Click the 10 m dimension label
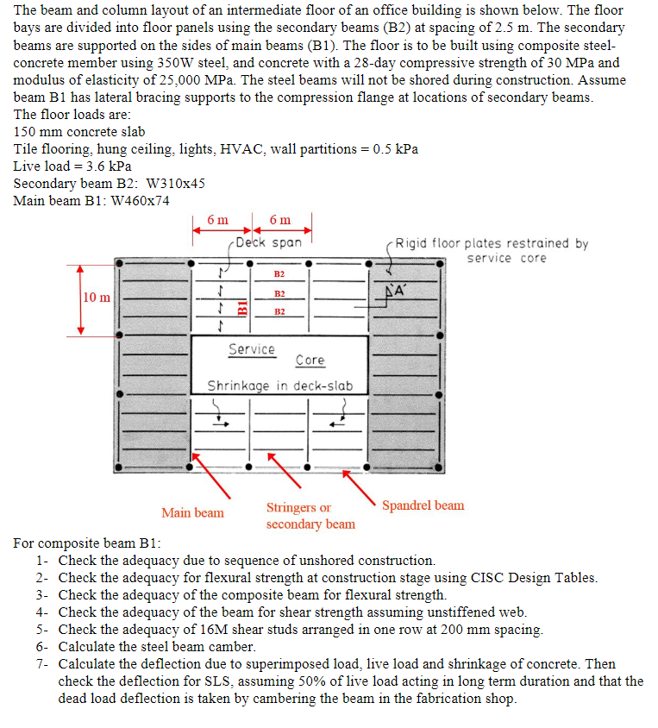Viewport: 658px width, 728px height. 97,298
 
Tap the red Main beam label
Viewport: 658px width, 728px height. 192,512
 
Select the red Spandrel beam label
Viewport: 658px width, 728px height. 423,505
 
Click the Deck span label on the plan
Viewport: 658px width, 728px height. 269,242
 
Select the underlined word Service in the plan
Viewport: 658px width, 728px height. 252,349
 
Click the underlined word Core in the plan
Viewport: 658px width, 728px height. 310,361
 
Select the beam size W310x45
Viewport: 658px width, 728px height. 177,184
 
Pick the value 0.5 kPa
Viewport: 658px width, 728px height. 396,149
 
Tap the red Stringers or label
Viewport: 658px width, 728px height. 298,508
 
